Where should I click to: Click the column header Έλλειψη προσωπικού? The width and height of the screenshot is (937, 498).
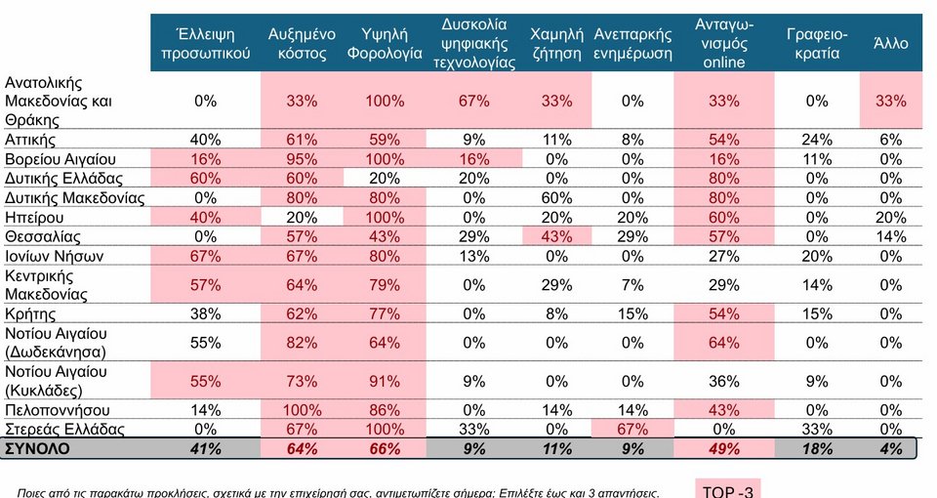pyautogui.click(x=205, y=44)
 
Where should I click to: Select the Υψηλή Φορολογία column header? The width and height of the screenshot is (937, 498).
pyautogui.click(x=385, y=44)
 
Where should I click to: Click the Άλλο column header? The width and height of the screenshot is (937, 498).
pyautogui.click(x=891, y=44)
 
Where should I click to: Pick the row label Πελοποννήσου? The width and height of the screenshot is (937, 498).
pyautogui.click(x=55, y=410)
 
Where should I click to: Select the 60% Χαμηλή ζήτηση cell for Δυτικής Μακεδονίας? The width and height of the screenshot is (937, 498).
pyautogui.click(x=555, y=198)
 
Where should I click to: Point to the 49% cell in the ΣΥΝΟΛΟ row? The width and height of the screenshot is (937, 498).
pyautogui.click(x=722, y=448)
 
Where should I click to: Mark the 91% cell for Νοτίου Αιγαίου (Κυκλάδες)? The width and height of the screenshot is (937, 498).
pyautogui.click(x=385, y=380)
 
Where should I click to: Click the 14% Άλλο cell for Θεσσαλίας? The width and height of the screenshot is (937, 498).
pyautogui.click(x=891, y=236)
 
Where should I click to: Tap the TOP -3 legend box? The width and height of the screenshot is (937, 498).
pyautogui.click(x=727, y=489)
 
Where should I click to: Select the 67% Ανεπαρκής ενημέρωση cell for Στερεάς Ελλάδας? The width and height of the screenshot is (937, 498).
pyautogui.click(x=632, y=430)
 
